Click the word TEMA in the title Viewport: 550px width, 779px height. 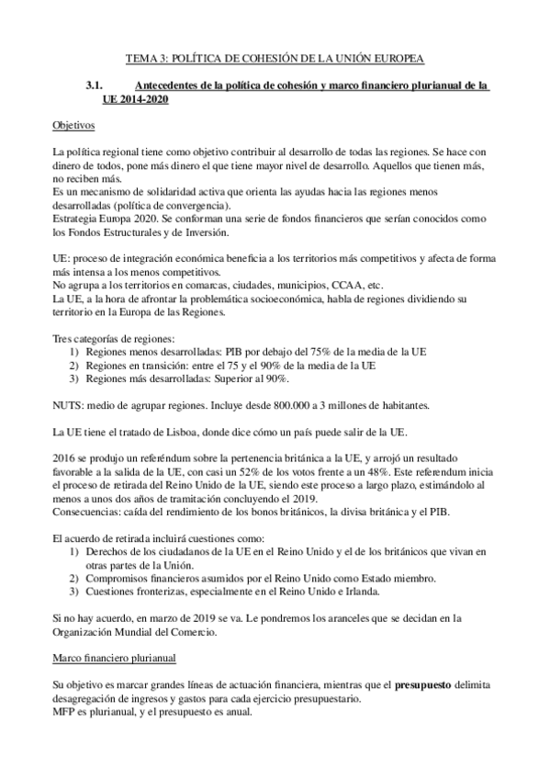point(140,58)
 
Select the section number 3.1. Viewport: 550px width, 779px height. point(95,85)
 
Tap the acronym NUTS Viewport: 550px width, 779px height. point(68,405)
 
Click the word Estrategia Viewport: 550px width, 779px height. point(74,220)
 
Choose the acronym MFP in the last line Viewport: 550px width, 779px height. point(64,710)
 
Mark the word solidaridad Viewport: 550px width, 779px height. point(171,196)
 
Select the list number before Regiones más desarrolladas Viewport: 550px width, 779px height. point(73,379)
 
